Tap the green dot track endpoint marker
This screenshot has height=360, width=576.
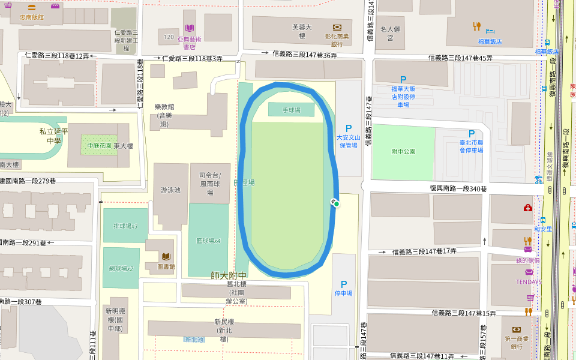tap(337, 205)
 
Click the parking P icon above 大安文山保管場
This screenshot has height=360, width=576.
tap(348, 128)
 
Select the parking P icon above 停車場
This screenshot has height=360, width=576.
tap(344, 284)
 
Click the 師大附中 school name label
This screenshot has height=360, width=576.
tap(229, 275)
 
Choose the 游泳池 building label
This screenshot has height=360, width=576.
tap(170, 190)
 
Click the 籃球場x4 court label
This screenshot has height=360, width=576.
tap(208, 241)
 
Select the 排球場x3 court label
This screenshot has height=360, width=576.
tap(125, 226)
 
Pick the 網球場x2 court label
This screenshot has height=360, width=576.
tap(121, 268)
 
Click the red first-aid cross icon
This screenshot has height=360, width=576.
tap(527, 208)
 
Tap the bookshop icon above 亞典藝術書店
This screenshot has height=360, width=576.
tap(190, 28)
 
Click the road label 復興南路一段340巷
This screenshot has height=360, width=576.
tap(458, 188)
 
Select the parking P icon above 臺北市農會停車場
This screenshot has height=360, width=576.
tap(472, 133)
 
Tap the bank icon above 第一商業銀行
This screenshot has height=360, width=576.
tap(516, 329)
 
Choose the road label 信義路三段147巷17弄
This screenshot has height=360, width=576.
tap(424, 251)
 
